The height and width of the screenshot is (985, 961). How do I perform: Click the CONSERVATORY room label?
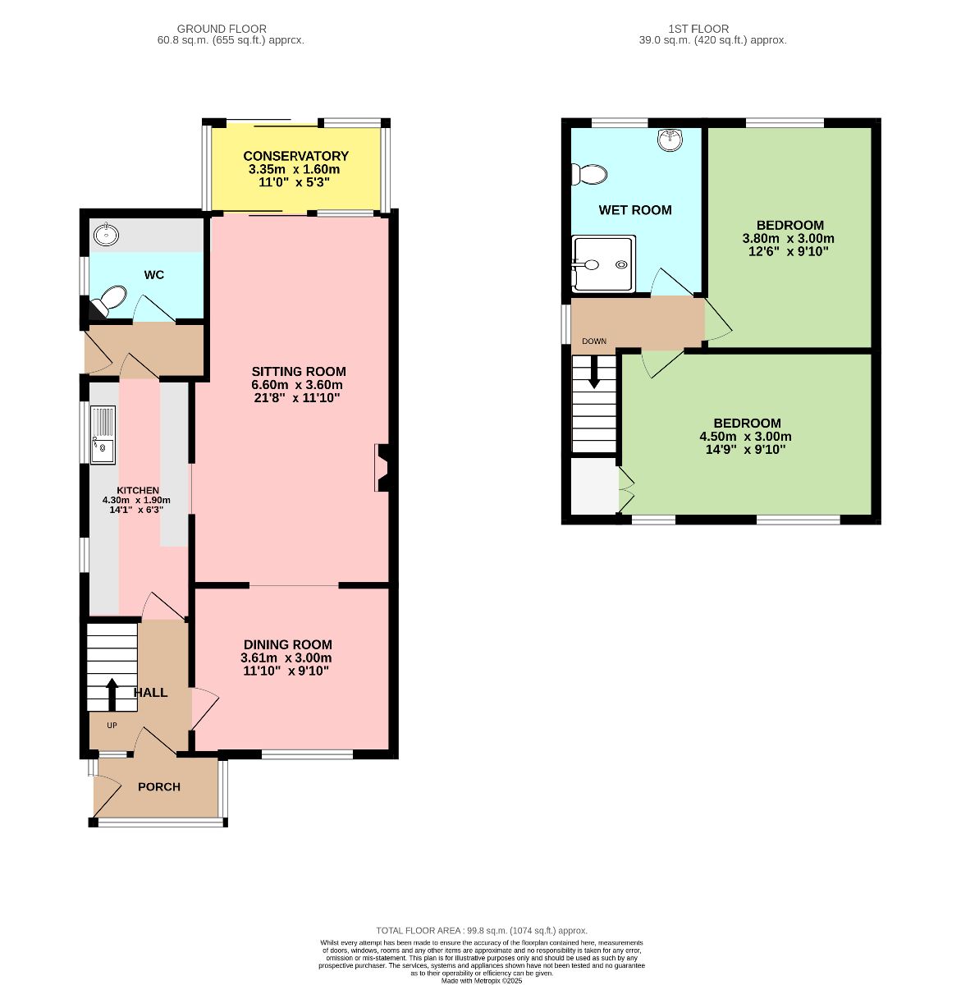coord(295,156)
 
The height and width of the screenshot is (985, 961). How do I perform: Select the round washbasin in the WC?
coord(106,234)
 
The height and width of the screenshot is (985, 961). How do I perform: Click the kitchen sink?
coord(103,434)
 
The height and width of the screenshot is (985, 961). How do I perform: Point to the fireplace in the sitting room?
coord(383,467)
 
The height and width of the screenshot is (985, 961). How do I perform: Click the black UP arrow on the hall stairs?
coord(112,694)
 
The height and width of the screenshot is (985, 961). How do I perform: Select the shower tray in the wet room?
coord(603,263)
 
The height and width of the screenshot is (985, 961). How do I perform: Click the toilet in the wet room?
coord(589,175)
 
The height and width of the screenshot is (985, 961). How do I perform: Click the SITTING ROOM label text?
coord(299,372)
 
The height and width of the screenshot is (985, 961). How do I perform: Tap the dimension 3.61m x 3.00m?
coord(286,658)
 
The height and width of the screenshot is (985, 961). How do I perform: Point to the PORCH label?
coord(159,786)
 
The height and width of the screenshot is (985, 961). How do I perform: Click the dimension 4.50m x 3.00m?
coord(745,437)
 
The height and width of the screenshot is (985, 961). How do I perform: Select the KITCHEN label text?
coord(138,490)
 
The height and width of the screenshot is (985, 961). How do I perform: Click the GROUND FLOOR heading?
coord(222,29)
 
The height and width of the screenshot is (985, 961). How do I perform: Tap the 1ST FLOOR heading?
coord(698,29)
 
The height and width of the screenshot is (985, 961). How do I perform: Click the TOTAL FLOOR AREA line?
coord(481,930)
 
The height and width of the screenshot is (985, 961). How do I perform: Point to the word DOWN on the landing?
coord(594,341)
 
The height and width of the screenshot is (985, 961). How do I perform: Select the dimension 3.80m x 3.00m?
coord(788,238)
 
